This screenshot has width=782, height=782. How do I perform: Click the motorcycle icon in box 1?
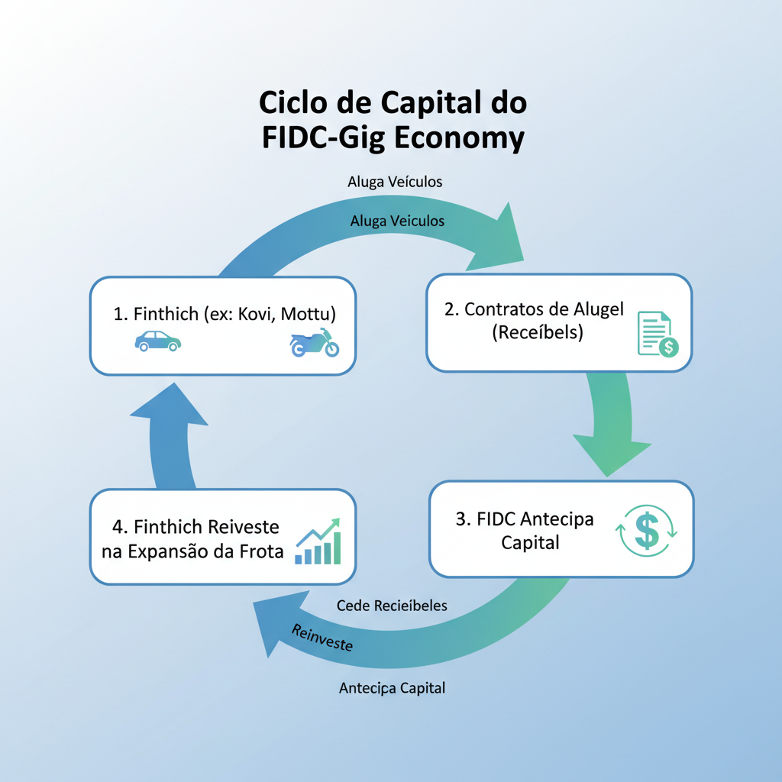pos(315,343)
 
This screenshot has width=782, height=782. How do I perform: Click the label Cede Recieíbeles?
pos(392,606)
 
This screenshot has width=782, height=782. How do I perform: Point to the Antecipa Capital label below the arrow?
pos(392,688)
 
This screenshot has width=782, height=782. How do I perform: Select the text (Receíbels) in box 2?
pos(538,333)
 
